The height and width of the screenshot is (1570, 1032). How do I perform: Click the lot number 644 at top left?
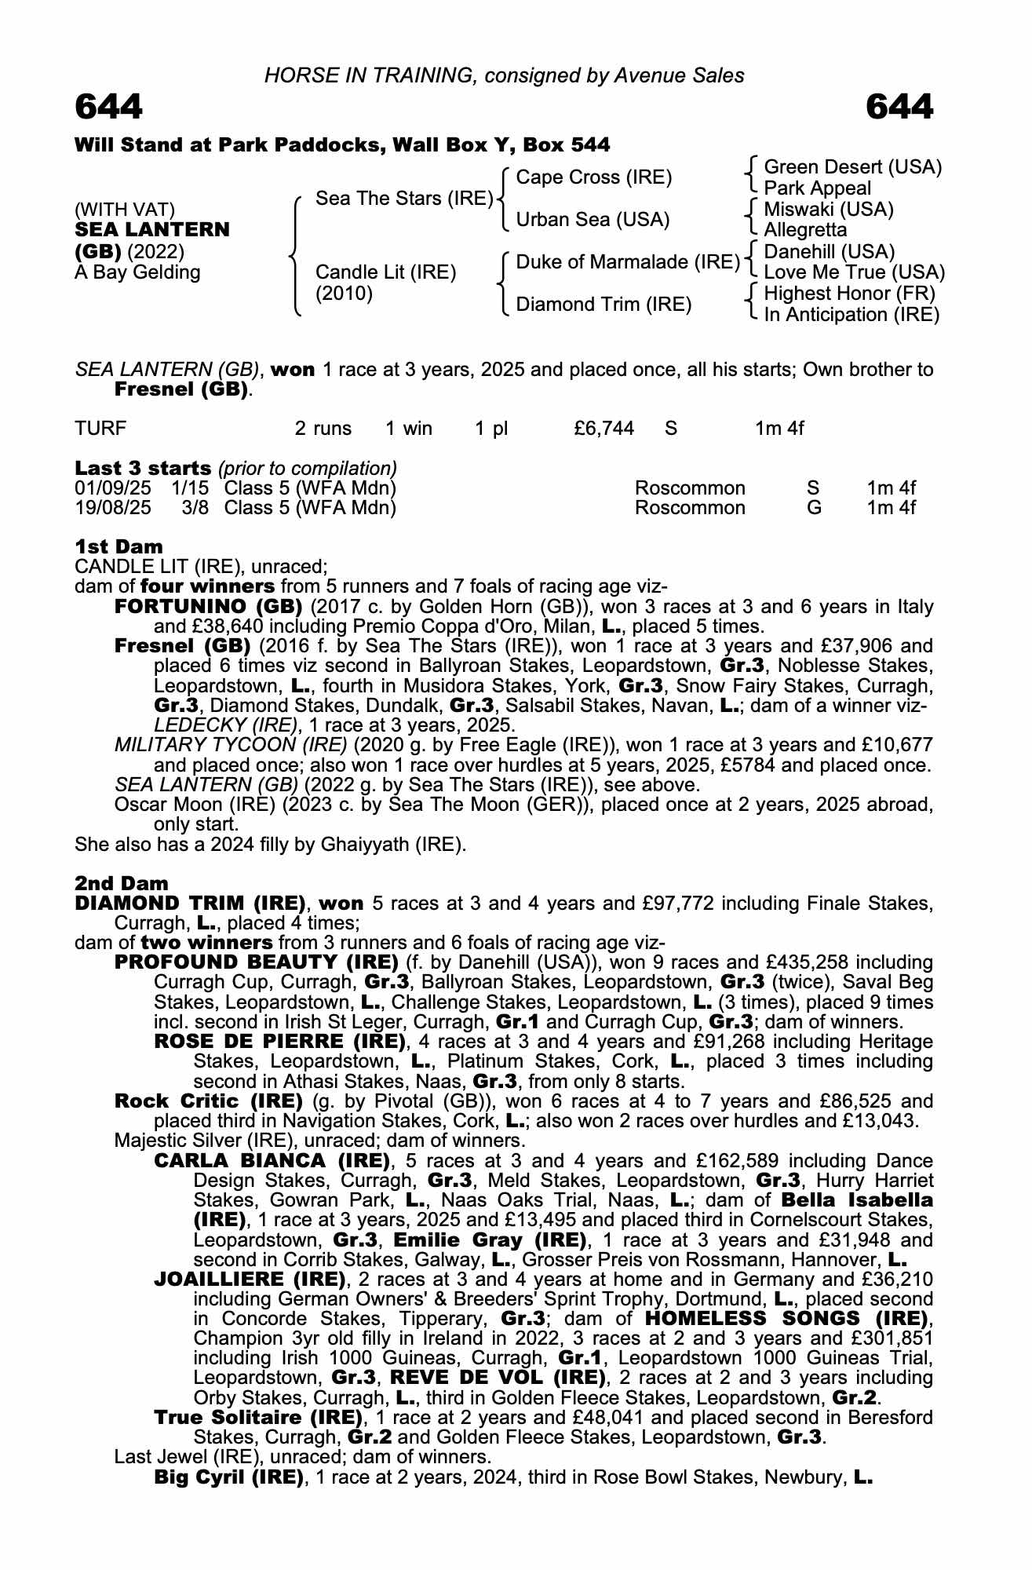coord(109,107)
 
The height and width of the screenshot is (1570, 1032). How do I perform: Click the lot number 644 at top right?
coord(899,107)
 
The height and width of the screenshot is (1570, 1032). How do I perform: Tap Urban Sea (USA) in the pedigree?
coord(593,220)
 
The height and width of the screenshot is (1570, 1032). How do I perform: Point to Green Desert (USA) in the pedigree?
coord(852,167)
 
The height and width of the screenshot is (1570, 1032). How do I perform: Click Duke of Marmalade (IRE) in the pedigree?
coord(628,262)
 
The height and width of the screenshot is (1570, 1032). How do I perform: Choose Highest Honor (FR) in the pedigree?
coord(849,294)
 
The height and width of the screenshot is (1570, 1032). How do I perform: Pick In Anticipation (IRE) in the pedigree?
coord(851,315)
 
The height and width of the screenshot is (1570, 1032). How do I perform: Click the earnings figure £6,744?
coord(604,429)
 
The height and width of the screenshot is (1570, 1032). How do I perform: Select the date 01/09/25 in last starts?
coord(113,488)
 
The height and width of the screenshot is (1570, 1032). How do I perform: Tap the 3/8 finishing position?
coord(195,508)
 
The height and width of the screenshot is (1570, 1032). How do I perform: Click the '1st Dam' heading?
coord(119,547)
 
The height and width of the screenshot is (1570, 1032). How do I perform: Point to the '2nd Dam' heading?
coord(122,884)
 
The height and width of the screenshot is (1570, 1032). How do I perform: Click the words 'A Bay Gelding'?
coord(137,272)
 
